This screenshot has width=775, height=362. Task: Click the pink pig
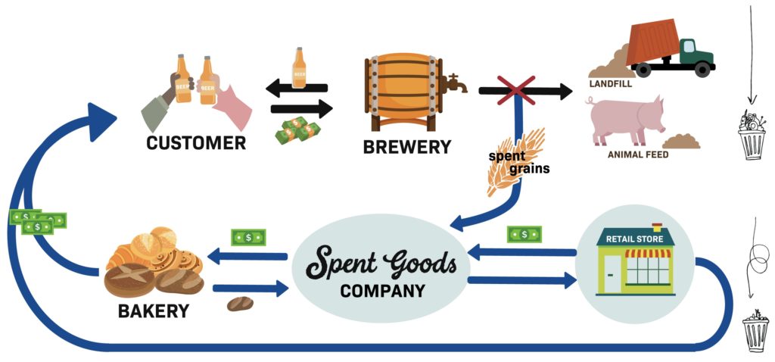(x=624, y=120)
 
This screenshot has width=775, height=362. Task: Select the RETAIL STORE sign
(x=635, y=239)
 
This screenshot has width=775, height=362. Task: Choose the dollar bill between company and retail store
(x=524, y=234)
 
